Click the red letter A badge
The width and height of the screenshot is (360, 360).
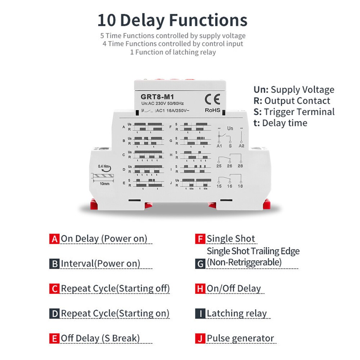(54, 239)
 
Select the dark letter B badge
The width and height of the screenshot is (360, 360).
(54, 264)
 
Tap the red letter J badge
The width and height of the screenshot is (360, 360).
(200, 338)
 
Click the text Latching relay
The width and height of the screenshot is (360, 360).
(237, 314)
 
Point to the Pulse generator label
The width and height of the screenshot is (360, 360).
(240, 338)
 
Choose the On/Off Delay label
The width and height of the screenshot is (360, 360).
(233, 289)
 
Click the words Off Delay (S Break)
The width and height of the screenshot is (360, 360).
(100, 338)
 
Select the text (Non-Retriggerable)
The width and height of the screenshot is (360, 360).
(244, 262)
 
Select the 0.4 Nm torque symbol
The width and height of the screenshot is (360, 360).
(105, 167)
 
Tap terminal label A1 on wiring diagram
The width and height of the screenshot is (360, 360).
(219, 146)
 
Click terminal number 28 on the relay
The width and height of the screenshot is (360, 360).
(240, 166)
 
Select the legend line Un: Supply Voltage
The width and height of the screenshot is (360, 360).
(294, 90)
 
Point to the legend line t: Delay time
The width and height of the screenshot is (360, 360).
(280, 123)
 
